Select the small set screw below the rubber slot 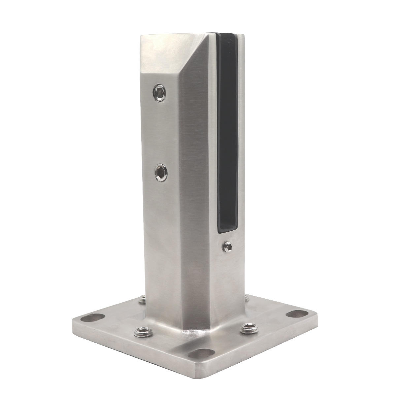pos(227,246)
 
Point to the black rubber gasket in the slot pos(228,132)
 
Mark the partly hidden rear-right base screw pos(246,298)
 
